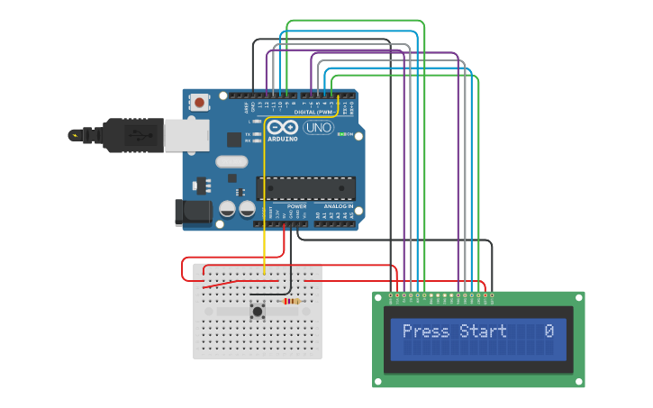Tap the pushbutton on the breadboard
click(258, 312)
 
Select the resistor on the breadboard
click(291, 302)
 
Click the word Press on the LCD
click(425, 331)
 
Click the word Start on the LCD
click(484, 331)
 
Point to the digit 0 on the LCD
click(549, 331)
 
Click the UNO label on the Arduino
click(317, 128)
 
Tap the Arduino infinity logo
click(281, 128)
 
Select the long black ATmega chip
click(305, 188)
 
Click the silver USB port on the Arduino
click(186, 135)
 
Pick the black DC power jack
click(193, 213)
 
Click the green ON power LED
click(340, 134)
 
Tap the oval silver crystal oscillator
click(231, 162)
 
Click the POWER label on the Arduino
click(296, 206)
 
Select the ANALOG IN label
click(340, 206)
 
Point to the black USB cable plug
click(132, 135)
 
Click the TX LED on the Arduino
click(257, 134)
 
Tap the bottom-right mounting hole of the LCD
click(579, 382)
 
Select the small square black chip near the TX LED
click(234, 140)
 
